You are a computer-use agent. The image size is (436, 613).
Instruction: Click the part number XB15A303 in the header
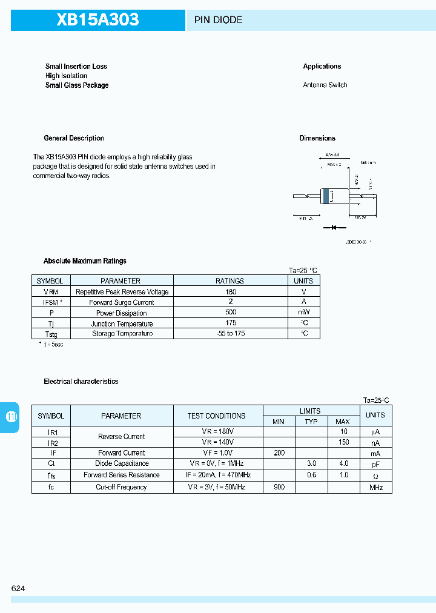pyautogui.click(x=97, y=20)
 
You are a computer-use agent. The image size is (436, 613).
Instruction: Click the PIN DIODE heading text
pyautogui.click(x=218, y=20)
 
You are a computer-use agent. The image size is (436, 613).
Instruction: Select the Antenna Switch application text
pyautogui.click(x=325, y=85)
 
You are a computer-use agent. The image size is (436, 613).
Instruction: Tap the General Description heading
pyautogui.click(x=74, y=138)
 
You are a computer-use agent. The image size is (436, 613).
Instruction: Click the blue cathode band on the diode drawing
pyautogui.click(x=327, y=196)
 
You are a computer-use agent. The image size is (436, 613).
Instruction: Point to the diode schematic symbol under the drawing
pyautogui.click(x=333, y=228)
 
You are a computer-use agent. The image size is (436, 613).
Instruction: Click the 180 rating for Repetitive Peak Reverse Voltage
pyautogui.click(x=230, y=291)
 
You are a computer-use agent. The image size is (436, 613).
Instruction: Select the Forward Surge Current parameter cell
pyautogui.click(x=122, y=302)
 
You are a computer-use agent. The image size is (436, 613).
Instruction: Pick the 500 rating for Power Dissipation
pyautogui.click(x=230, y=313)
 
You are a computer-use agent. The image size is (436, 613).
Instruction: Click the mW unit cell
pyautogui.click(x=303, y=313)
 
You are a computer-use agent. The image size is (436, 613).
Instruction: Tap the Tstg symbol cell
pyautogui.click(x=51, y=334)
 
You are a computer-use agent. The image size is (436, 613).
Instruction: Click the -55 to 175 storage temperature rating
pyautogui.click(x=230, y=334)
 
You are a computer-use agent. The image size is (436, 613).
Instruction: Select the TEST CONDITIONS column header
pyautogui.click(x=216, y=416)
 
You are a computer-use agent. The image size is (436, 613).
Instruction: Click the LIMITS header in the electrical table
pyautogui.click(x=310, y=411)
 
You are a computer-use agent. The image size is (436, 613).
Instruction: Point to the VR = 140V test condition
pyautogui.click(x=217, y=442)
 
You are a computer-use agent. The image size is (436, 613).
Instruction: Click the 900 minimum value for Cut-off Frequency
pyautogui.click(x=278, y=487)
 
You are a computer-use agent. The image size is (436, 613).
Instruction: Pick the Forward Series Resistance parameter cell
pyautogui.click(x=122, y=475)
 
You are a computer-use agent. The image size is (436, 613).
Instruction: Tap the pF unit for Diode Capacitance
pyautogui.click(x=375, y=464)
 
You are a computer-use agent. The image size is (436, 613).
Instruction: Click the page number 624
pyautogui.click(x=18, y=588)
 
